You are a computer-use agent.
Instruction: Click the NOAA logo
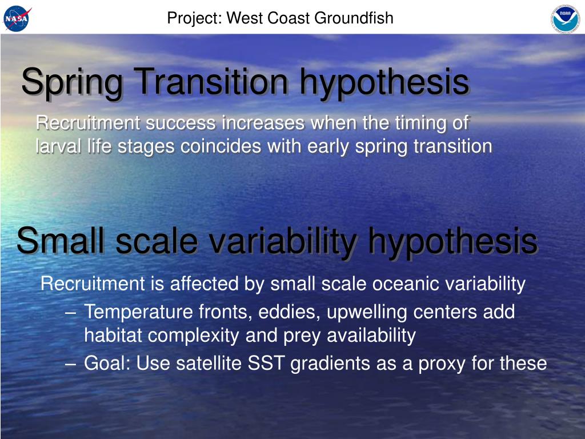(566, 19)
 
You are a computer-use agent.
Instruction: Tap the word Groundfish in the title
(353, 18)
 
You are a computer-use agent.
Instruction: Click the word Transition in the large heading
(211, 81)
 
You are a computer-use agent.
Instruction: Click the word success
(181, 123)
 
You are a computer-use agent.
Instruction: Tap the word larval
(58, 146)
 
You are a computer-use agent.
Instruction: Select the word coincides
(221, 146)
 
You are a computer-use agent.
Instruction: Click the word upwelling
(367, 313)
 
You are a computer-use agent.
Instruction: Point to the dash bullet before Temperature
(70, 313)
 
